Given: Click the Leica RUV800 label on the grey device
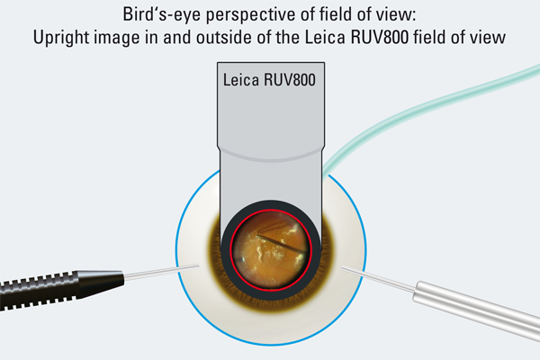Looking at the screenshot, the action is click(x=269, y=80).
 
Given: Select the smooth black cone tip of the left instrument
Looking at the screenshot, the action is click(x=101, y=283).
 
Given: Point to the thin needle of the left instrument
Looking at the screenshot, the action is click(x=161, y=271).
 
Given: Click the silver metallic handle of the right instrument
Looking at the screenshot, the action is click(x=477, y=310).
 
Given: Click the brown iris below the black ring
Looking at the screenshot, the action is click(x=271, y=304).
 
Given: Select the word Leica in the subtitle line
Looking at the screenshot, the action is click(x=325, y=37).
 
